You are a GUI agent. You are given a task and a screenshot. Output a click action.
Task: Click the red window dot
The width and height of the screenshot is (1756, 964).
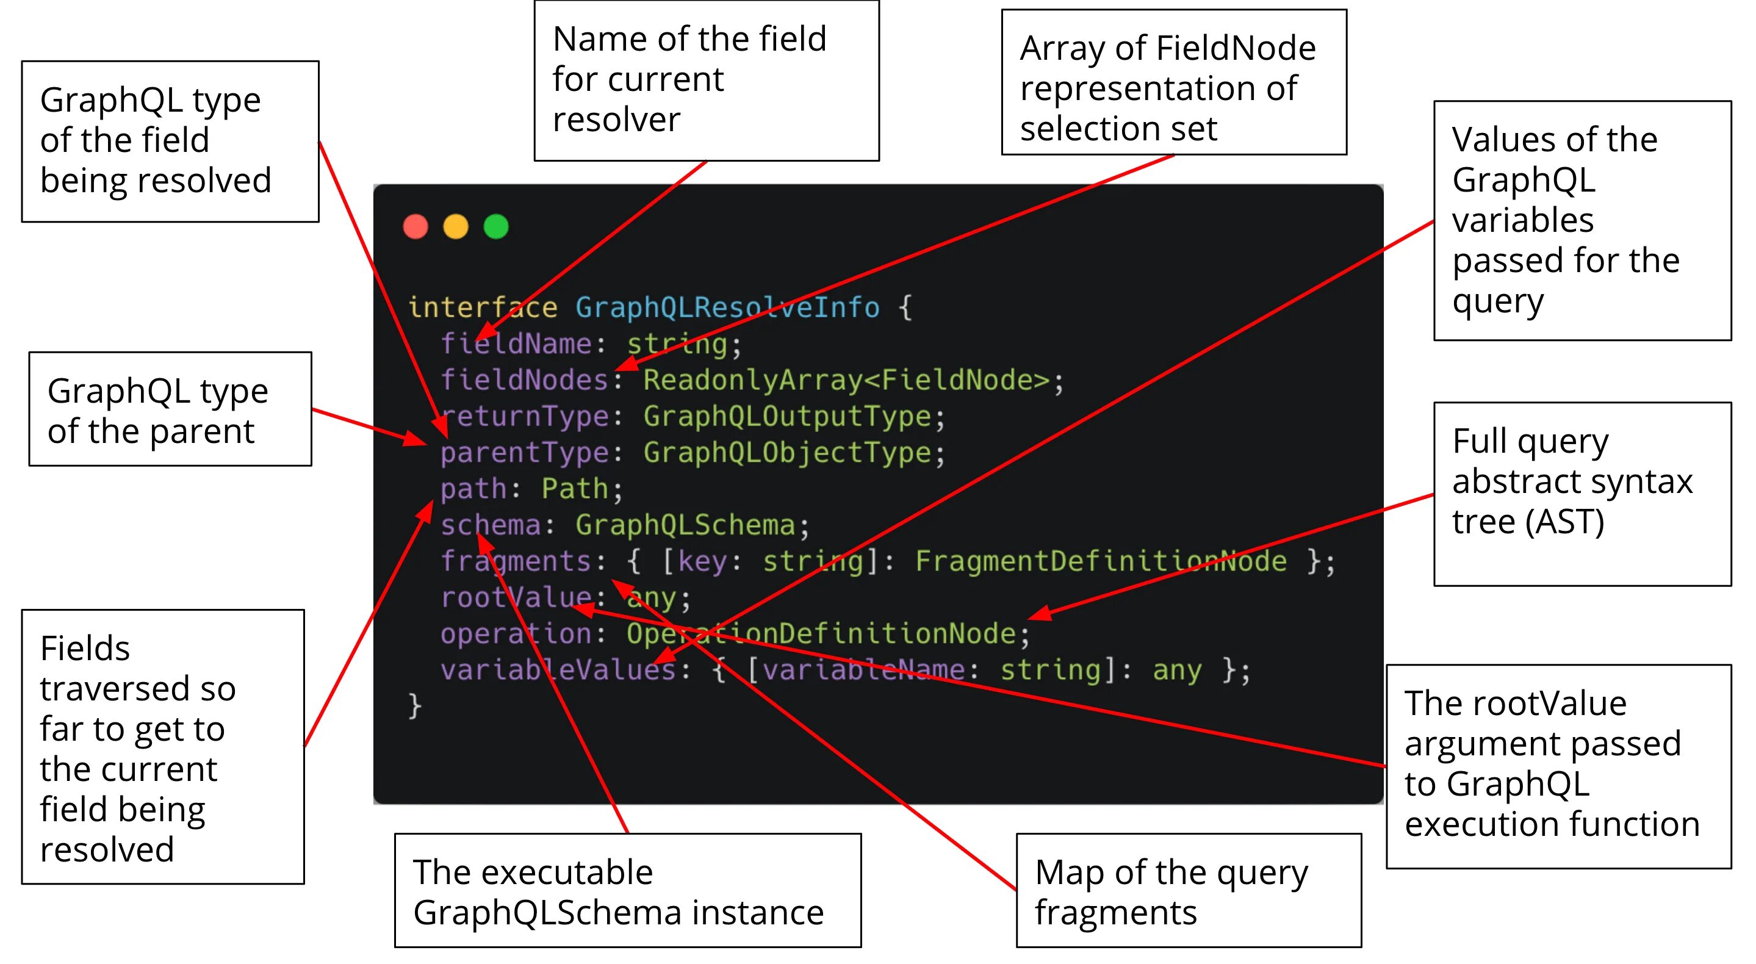[415, 226]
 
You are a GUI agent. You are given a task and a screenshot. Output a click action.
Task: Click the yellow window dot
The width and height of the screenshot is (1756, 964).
[455, 226]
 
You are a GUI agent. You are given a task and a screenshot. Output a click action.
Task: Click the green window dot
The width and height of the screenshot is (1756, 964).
[495, 226]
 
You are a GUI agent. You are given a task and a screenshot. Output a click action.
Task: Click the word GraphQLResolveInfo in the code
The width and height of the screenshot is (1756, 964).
[727, 308]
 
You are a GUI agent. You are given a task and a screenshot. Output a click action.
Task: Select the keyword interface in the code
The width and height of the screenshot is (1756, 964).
[482, 308]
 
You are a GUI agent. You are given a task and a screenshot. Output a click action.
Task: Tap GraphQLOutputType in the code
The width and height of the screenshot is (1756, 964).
[786, 417]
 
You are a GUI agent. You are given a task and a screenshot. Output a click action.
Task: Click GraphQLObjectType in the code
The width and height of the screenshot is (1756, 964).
[786, 453]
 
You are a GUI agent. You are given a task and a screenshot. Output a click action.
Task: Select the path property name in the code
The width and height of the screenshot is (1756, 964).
[473, 489]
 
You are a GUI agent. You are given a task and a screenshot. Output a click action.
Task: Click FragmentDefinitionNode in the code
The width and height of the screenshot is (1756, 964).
[1100, 561]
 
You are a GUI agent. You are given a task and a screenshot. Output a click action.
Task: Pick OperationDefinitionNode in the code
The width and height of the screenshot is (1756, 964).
[821, 634]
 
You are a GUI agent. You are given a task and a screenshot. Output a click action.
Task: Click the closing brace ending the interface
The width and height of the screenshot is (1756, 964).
[414, 706]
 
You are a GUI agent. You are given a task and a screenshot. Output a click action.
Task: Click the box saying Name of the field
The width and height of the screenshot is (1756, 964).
[706, 81]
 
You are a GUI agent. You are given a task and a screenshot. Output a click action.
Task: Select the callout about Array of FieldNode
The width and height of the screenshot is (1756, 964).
[1173, 82]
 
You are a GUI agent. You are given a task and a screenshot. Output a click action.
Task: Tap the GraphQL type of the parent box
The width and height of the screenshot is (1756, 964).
[170, 409]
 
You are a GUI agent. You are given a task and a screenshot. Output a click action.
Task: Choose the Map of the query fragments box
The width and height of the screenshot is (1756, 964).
[1188, 890]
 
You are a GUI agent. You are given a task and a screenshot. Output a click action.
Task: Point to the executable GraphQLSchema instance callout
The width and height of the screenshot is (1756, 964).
[627, 890]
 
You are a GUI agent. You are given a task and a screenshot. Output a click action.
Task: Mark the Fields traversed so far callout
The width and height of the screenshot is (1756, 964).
[162, 747]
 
